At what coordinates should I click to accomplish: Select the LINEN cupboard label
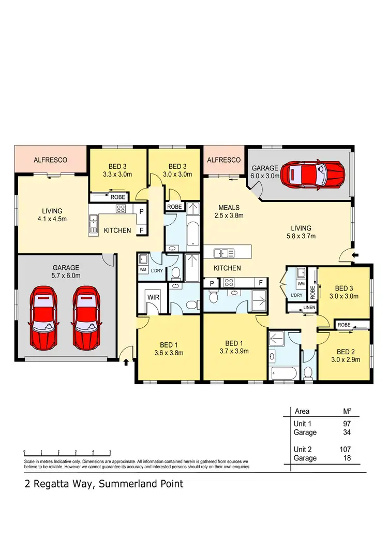tap(295, 309)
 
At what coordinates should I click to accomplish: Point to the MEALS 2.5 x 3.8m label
tap(229, 212)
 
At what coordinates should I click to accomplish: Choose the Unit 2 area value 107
tap(346, 449)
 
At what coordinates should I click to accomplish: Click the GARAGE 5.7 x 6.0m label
tap(66, 272)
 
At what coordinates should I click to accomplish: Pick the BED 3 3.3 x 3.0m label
tap(118, 170)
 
